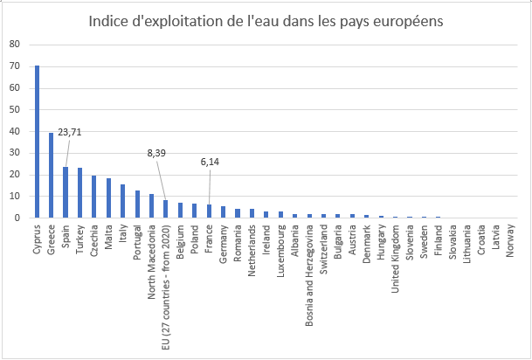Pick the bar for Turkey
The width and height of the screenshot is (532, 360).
click(79, 193)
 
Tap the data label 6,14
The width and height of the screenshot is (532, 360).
click(210, 162)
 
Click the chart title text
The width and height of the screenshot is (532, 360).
click(265, 20)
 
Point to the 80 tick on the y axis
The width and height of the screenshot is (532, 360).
click(12, 44)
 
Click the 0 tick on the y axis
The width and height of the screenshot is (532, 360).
click(15, 218)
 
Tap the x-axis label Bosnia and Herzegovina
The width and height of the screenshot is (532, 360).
click(310, 275)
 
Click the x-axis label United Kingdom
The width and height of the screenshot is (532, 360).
click(396, 260)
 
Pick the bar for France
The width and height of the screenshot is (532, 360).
click(210, 211)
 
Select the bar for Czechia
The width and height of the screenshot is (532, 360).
click(94, 197)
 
